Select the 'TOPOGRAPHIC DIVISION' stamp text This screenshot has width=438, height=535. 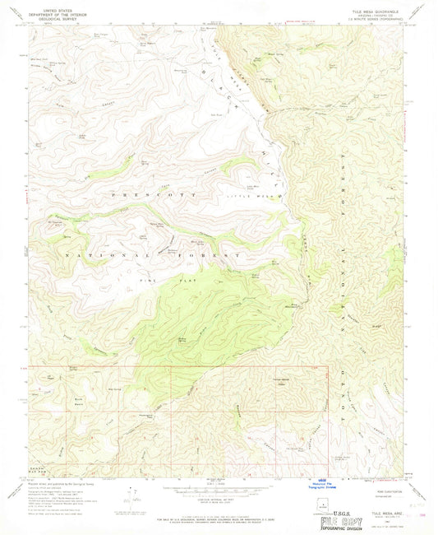[343, 528]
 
